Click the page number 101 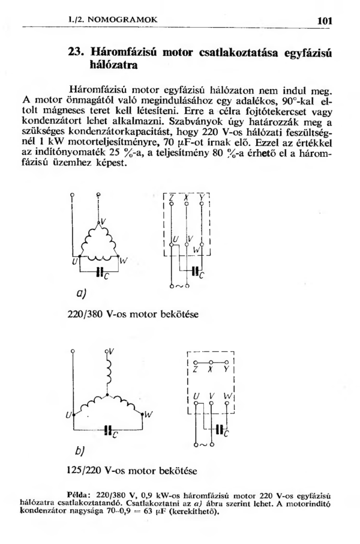324,20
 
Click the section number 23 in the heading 77,53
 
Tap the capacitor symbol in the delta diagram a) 99,271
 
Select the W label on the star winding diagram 149,414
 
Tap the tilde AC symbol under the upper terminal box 179,286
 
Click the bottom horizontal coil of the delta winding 99,259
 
